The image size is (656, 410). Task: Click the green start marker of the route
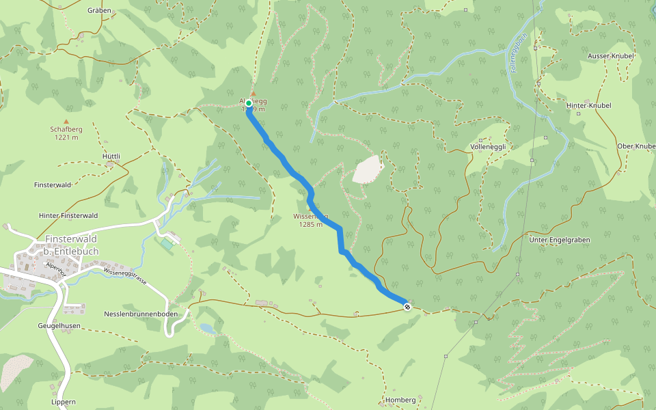click(x=249, y=103)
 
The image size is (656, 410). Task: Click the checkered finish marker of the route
click(x=407, y=307)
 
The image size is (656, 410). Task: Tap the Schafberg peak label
click(x=66, y=128)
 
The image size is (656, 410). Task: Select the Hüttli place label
click(x=111, y=156)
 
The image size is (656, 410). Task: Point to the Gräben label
click(x=100, y=10)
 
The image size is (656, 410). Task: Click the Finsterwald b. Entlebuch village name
click(x=71, y=245)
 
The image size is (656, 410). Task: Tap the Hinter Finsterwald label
click(x=68, y=215)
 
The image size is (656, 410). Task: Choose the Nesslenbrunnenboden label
click(x=141, y=314)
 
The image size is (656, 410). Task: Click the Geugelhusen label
click(x=61, y=327)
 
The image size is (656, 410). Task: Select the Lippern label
click(x=63, y=402)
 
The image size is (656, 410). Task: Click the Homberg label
click(x=400, y=400)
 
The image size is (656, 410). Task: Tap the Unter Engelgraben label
click(x=560, y=240)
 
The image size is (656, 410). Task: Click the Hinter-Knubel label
click(x=588, y=106)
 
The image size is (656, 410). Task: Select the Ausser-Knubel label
click(x=610, y=55)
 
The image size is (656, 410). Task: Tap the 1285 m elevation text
click(x=310, y=224)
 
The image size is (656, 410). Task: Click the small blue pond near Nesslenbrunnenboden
click(x=207, y=329)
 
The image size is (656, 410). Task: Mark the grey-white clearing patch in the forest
click(x=368, y=169)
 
